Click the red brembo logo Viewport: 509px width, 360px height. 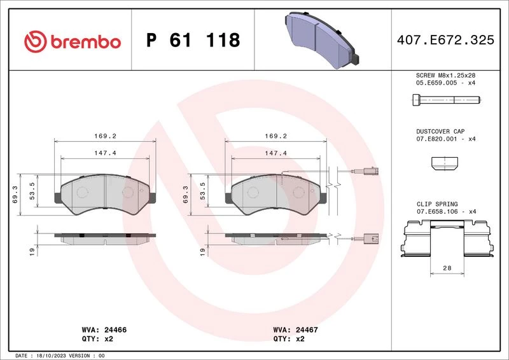pyautogui.click(x=73, y=41)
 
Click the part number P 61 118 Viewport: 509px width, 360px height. pyautogui.click(x=193, y=40)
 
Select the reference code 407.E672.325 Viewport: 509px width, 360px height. pyautogui.click(x=445, y=40)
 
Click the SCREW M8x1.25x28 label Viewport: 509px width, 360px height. pyautogui.click(x=445, y=75)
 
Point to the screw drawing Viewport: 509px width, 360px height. pyautogui.click(x=447, y=100)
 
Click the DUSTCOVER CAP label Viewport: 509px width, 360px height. pyautogui.click(x=440, y=132)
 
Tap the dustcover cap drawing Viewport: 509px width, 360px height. pyautogui.click(x=444, y=163)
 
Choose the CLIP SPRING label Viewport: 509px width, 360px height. pyautogui.click(x=437, y=204)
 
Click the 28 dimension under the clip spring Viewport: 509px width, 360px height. pyautogui.click(x=447, y=268)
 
